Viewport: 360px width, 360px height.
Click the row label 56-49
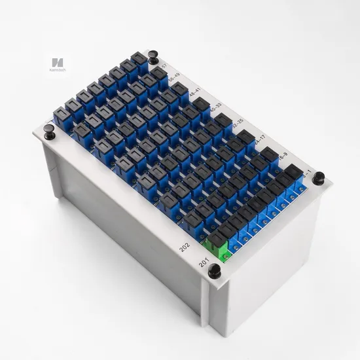[175, 79]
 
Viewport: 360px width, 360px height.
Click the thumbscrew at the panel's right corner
[319, 177]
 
